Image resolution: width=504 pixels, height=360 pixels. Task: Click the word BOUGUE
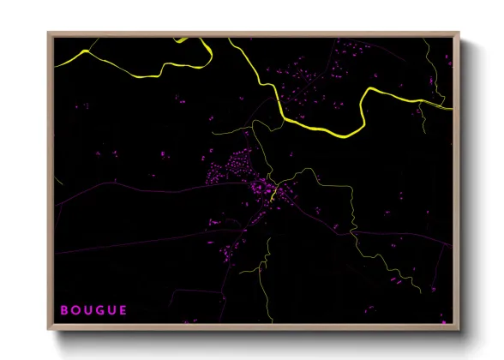[x=94, y=309]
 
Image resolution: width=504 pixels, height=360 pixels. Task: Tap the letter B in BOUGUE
[x=64, y=309]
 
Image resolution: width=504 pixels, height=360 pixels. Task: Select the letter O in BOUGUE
[x=75, y=309]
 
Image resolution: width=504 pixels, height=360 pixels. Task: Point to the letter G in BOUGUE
[x=99, y=309]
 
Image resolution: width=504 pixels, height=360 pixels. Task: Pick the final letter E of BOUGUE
[x=123, y=309]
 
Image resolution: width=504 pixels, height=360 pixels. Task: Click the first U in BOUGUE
[x=87, y=309]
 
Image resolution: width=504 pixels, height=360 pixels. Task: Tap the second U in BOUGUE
[x=111, y=309]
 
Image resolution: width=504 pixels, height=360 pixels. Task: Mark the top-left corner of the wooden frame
[x=49, y=33]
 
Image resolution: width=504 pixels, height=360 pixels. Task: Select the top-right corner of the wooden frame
[x=459, y=33]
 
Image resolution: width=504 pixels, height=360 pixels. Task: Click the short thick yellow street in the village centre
[x=273, y=196]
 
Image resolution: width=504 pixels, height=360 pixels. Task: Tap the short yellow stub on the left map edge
[x=57, y=183]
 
